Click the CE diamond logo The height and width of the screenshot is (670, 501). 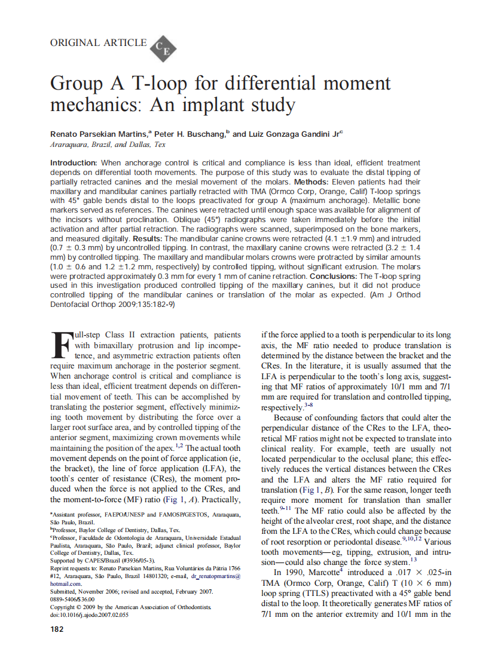(161, 48)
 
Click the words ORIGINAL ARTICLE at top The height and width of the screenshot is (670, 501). (98, 43)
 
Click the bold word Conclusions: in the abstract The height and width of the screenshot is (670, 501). (331, 276)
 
